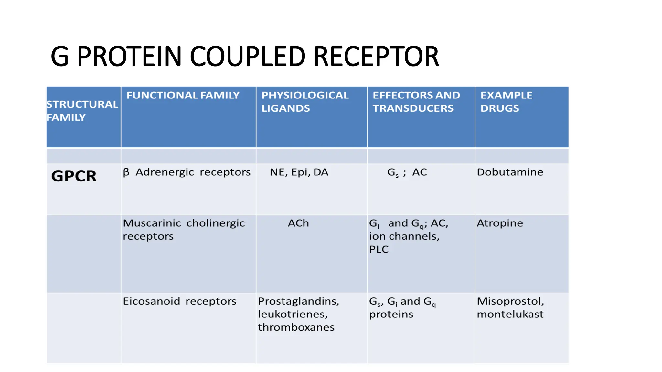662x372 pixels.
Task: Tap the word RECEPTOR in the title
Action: pos(376,57)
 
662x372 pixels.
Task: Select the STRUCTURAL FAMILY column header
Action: pos(82,111)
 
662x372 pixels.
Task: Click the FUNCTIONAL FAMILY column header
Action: pos(183,95)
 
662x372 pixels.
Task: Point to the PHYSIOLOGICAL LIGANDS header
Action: pos(305,102)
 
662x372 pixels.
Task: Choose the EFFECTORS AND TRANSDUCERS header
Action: pos(416,102)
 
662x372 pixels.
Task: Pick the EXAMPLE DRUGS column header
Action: pos(506,102)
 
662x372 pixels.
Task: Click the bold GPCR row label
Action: pos(74,176)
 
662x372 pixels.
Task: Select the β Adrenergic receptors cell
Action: pos(187,172)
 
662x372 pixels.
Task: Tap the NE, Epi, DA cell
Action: pos(299,172)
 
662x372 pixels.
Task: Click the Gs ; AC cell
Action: pos(407,172)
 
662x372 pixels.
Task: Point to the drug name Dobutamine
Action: pos(510,172)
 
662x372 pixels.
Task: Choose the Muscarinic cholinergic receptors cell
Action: pos(184,230)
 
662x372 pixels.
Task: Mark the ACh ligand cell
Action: pos(298,223)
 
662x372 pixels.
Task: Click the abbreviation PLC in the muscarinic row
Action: pos(379,249)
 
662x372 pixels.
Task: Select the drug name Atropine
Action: pos(500,223)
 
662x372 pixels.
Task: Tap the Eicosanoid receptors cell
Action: pos(179,301)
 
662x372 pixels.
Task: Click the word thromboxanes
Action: pos(296,327)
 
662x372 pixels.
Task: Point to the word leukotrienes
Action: pos(293,314)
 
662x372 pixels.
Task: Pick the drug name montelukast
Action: pos(510,314)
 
